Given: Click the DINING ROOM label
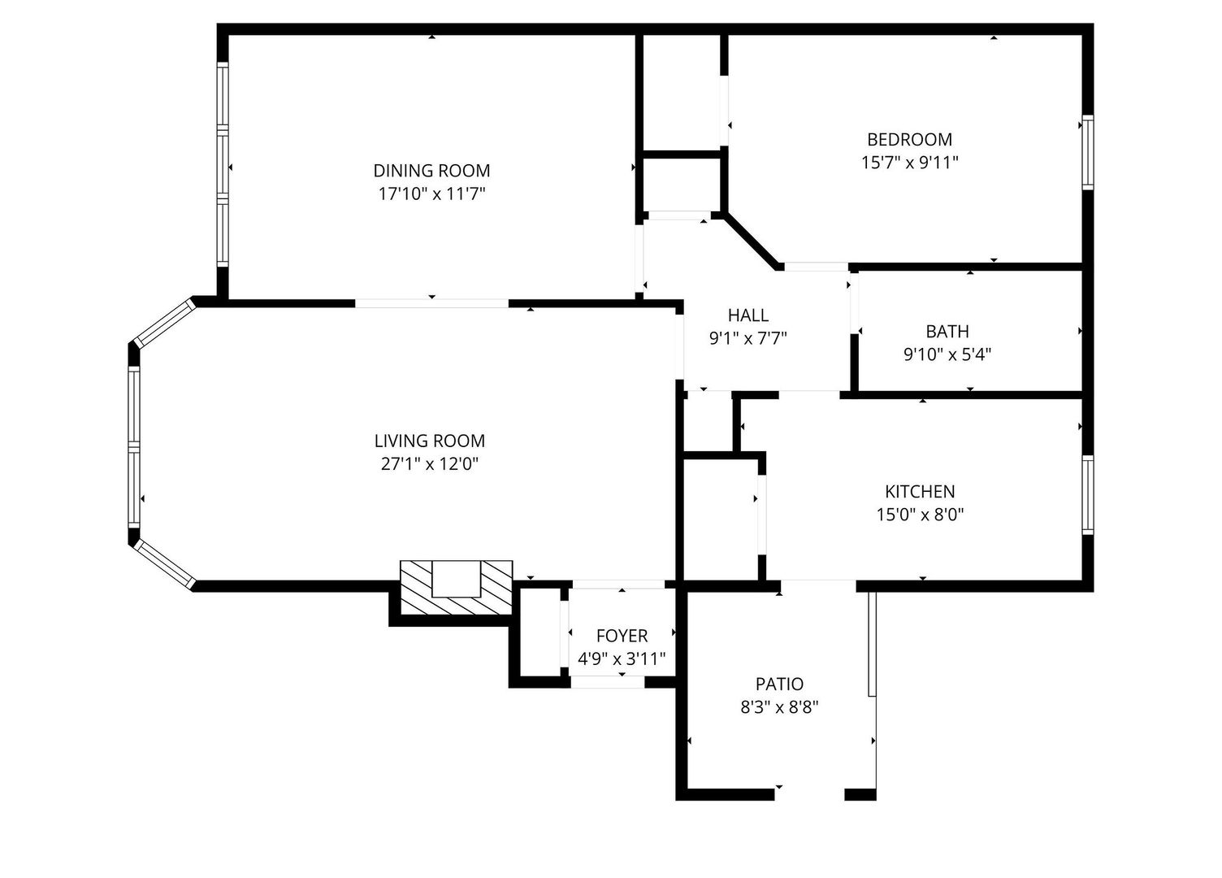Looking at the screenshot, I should click(x=431, y=171).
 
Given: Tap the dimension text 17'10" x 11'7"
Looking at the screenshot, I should click(x=431, y=193).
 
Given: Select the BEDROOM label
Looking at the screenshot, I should click(x=909, y=139).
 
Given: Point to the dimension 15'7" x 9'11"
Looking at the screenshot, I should click(x=909, y=162).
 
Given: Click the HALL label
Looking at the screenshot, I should click(x=747, y=315).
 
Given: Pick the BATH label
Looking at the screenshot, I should click(x=947, y=331).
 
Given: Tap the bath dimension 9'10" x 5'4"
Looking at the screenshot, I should click(x=947, y=354).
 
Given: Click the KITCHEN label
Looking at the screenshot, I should click(x=920, y=491).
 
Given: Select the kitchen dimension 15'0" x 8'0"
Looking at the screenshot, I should click(x=920, y=514).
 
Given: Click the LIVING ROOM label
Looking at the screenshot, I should click(x=429, y=441).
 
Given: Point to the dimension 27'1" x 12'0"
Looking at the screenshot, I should click(x=429, y=463).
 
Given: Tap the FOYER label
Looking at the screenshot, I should click(x=622, y=636).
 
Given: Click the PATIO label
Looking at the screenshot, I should click(x=779, y=684).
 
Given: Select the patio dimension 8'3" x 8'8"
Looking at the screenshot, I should click(x=779, y=706).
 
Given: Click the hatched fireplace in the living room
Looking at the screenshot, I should click(x=457, y=589).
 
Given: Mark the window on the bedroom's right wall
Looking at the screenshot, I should click(x=1087, y=153).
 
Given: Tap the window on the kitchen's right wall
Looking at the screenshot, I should click(x=1087, y=494).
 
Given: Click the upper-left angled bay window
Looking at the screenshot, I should click(x=164, y=324).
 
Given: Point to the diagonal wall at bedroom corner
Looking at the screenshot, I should click(x=752, y=241).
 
